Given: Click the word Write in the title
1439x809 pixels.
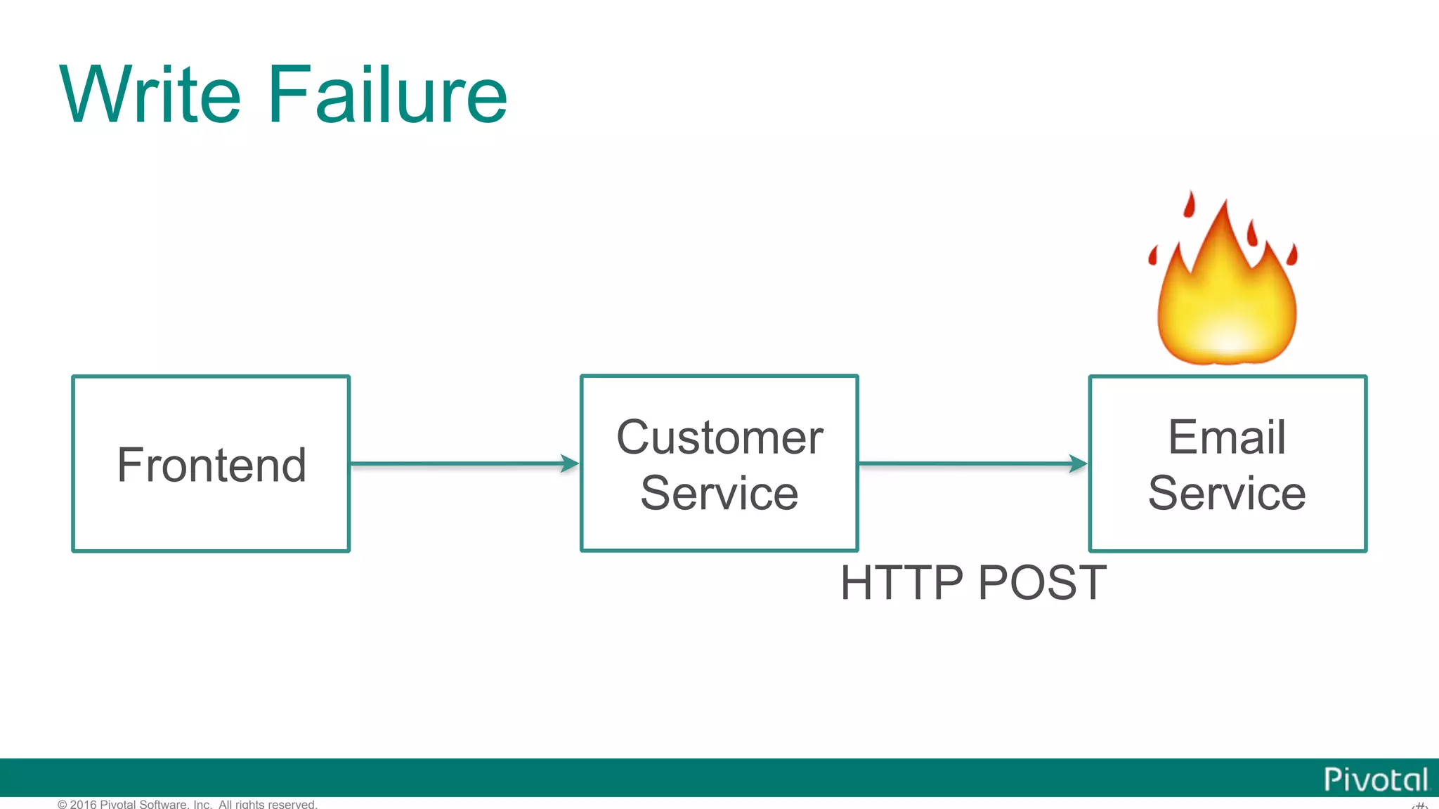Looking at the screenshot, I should (x=150, y=94).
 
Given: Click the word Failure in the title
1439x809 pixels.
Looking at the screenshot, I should (x=387, y=94).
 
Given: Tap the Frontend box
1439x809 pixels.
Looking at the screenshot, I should (x=211, y=463).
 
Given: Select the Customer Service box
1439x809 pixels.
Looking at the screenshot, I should (x=719, y=463).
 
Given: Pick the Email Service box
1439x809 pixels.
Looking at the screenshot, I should (x=1228, y=463).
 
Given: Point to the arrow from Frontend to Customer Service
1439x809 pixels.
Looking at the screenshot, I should (x=457, y=463).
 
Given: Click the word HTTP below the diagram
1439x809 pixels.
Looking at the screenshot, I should (x=901, y=583).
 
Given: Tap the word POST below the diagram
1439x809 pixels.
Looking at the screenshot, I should (x=1042, y=583).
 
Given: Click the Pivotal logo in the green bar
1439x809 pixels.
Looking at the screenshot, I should (x=1375, y=780).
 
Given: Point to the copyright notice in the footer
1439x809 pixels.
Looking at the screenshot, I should (x=188, y=804).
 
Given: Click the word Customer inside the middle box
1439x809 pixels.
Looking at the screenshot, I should (x=719, y=438).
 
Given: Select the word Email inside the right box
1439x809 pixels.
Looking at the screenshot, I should (x=1227, y=437).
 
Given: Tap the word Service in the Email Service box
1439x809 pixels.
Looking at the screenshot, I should (x=1227, y=493).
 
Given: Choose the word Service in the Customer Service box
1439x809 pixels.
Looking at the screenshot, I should (x=719, y=493).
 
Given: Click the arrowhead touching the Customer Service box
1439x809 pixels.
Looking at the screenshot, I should (x=571, y=463).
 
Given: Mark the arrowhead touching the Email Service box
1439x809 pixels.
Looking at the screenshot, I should (x=1079, y=463).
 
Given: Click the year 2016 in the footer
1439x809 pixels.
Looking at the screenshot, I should (x=83, y=804).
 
